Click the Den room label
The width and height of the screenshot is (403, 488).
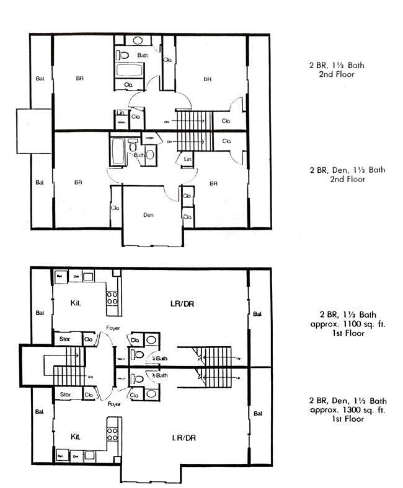tap(148, 216)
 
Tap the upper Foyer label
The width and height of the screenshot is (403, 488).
tap(113, 329)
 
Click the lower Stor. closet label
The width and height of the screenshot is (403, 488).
tap(64, 394)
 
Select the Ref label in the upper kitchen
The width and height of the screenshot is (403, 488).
tap(60, 276)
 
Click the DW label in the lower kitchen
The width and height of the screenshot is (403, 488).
tap(76, 455)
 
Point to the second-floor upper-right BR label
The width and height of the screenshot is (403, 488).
tap(207, 79)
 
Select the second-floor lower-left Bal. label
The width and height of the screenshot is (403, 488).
tap(40, 183)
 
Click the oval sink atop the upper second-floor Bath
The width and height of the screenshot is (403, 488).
tap(137, 41)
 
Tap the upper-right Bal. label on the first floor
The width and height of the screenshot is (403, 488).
tap(257, 315)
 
